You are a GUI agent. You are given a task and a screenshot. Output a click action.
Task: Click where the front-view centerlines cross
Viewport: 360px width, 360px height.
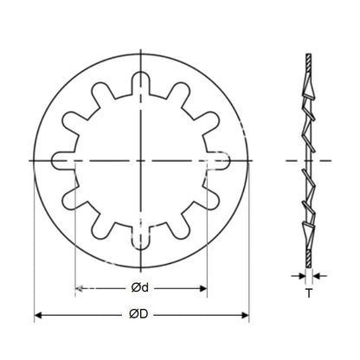tap(140, 161)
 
